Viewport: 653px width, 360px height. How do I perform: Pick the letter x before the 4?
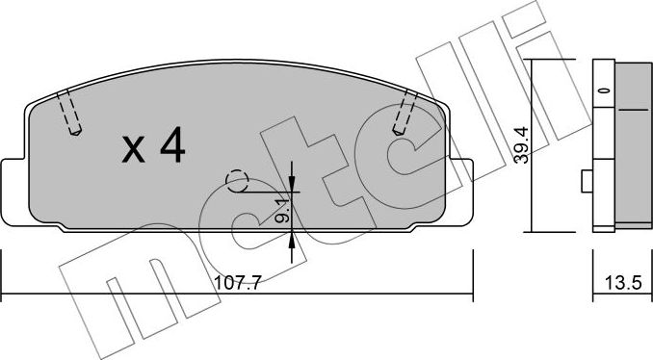pyautogui.click(x=135, y=149)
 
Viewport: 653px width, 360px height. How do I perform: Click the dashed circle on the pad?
pyautogui.click(x=236, y=180)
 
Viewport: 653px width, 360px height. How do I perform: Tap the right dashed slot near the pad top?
pyautogui.click(x=405, y=114)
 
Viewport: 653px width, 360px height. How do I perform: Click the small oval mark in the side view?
pyautogui.click(x=603, y=90)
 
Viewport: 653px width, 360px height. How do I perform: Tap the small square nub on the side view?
pyautogui.click(x=585, y=181)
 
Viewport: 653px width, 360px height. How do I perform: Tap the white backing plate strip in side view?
pyautogui.click(x=603, y=144)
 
